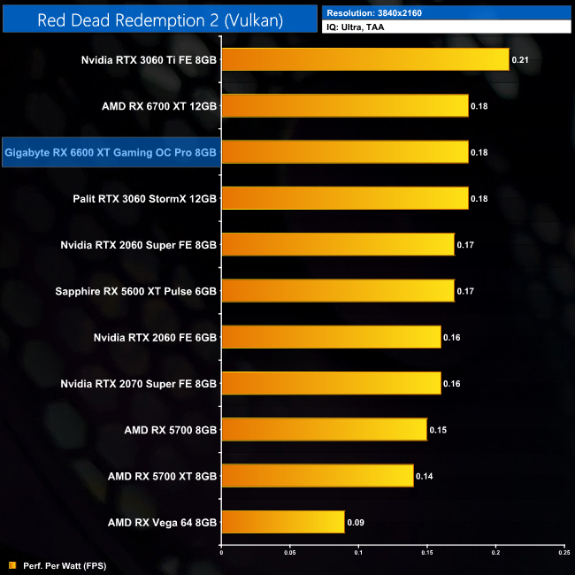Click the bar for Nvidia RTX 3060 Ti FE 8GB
click(x=364, y=59)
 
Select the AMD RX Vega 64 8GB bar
click(x=282, y=522)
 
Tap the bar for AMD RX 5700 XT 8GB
click(x=317, y=476)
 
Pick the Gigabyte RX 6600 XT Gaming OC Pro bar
click(x=344, y=152)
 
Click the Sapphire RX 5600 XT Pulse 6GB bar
click(x=337, y=290)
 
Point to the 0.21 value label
click(x=519, y=60)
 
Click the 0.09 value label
click(x=355, y=522)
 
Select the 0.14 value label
click(x=424, y=476)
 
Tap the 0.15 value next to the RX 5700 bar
click(x=437, y=430)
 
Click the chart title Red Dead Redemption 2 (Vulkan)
click(x=160, y=19)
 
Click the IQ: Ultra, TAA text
click(x=358, y=27)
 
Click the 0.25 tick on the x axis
click(x=563, y=553)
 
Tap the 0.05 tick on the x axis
click(x=289, y=553)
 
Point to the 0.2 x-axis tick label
click(x=495, y=553)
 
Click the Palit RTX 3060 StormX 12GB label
click(x=145, y=198)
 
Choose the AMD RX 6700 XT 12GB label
click(x=159, y=106)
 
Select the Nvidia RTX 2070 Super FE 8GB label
click(x=139, y=383)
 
